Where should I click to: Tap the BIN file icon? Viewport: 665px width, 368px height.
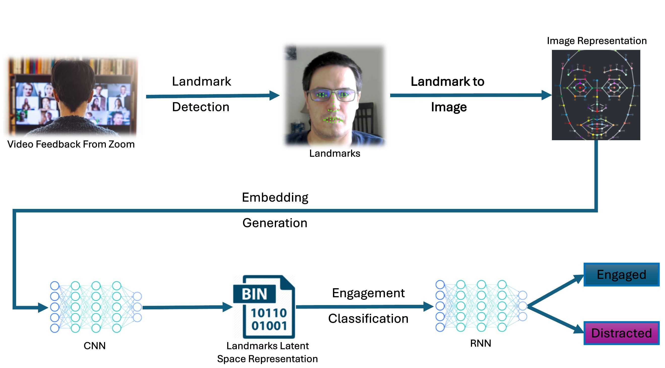[264, 307]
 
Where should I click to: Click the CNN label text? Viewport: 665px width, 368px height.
[94, 346]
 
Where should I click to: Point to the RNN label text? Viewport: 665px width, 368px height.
[480, 343]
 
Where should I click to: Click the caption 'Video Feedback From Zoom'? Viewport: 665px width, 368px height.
[71, 144]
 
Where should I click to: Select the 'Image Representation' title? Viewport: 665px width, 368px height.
[596, 41]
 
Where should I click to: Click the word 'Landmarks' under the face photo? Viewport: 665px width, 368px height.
[335, 154]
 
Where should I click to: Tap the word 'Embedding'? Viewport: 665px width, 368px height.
[275, 198]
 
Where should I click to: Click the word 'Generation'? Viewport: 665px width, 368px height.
[275, 223]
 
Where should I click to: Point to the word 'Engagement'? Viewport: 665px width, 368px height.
[368, 293]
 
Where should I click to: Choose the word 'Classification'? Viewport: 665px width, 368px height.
[368, 319]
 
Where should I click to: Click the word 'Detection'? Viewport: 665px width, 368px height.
[201, 107]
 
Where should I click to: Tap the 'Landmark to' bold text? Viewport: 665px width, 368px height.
[447, 82]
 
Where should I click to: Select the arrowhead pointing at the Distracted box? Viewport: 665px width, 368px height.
[578, 329]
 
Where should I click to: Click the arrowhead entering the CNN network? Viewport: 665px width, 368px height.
[43, 307]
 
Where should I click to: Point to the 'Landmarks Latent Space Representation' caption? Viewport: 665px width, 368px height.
[268, 352]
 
